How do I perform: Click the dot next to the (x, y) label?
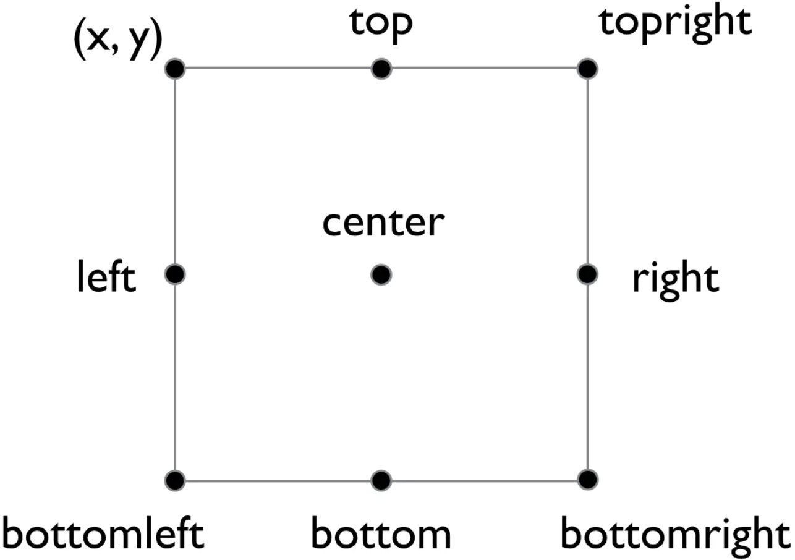[x=176, y=68]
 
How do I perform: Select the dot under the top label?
[x=381, y=68]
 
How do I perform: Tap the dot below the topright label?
[x=587, y=68]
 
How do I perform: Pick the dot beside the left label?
[x=176, y=273]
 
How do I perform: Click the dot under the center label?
[x=381, y=273]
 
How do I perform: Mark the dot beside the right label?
[x=587, y=273]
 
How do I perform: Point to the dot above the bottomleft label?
[x=176, y=479]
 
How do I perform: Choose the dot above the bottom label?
[x=381, y=479]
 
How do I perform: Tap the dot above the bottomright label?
[x=587, y=479]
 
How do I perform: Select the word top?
[x=381, y=23]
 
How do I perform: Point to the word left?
[x=106, y=278]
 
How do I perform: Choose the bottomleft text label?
[x=103, y=534]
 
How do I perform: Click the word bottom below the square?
[x=381, y=534]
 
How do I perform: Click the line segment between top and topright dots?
[x=484, y=68]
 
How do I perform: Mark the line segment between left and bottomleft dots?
[x=176, y=376]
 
